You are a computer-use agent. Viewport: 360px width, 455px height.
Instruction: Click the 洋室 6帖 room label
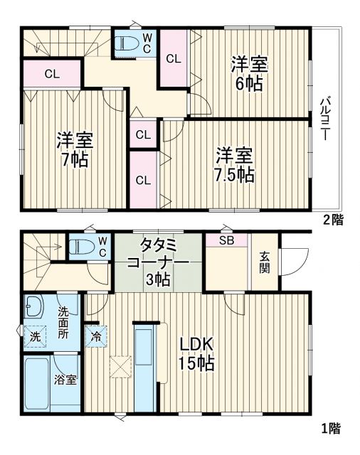pos(248,73)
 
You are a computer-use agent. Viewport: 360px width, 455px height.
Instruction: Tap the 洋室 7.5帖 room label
pos(235,164)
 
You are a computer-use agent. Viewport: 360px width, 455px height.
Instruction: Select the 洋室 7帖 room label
pos(75,149)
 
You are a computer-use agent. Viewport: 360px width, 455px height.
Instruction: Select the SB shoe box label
pos(226,240)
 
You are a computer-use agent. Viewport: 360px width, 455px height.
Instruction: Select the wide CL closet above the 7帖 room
pos(51,73)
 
